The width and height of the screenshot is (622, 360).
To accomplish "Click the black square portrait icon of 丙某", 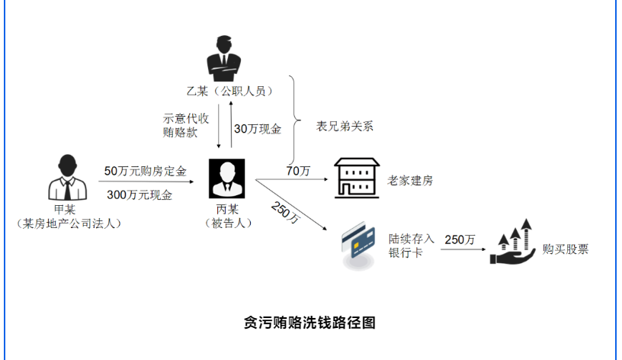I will pyautogui.click(x=226, y=178).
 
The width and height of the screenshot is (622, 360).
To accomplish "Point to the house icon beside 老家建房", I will pyautogui.click(x=357, y=179).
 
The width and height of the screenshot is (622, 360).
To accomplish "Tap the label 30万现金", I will pyautogui.click(x=258, y=129).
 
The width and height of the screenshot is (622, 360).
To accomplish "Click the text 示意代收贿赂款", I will pyautogui.click(x=185, y=125).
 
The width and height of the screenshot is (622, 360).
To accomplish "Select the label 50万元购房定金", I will pyautogui.click(x=146, y=172).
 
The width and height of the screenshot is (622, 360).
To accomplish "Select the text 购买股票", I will pyautogui.click(x=566, y=249).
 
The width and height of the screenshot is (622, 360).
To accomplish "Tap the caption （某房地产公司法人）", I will pyautogui.click(x=69, y=223).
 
